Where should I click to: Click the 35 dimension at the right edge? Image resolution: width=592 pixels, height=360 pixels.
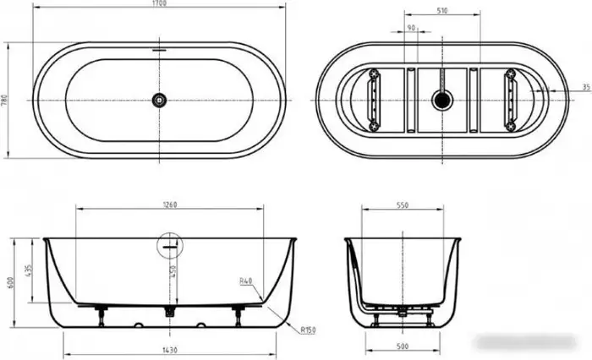(x=585, y=88)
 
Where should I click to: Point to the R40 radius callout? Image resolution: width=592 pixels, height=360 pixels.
(x=246, y=281)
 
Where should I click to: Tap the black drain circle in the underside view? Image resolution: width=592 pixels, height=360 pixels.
(x=439, y=100)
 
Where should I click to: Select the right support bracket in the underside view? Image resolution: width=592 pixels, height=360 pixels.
(x=510, y=100)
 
